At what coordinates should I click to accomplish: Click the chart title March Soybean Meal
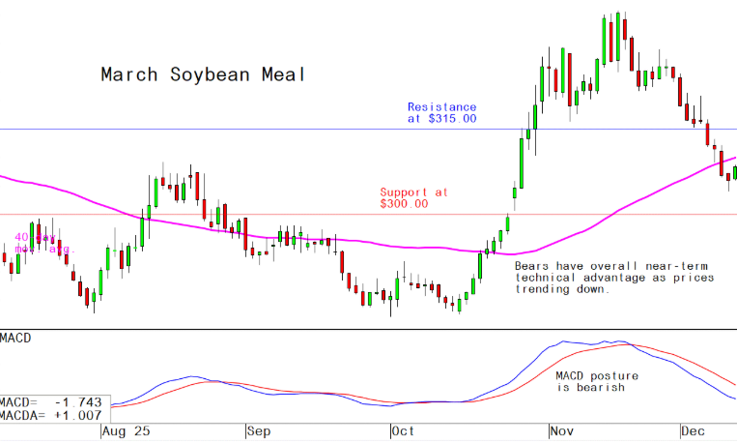tap(203, 74)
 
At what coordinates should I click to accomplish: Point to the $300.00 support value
tap(404, 203)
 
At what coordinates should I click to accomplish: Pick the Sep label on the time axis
tap(257, 432)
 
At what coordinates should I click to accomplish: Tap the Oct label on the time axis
tap(404, 432)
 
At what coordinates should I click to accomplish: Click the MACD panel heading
tap(16, 338)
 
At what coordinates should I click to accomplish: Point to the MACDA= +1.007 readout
tap(51, 415)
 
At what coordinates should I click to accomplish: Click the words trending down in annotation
tap(561, 289)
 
